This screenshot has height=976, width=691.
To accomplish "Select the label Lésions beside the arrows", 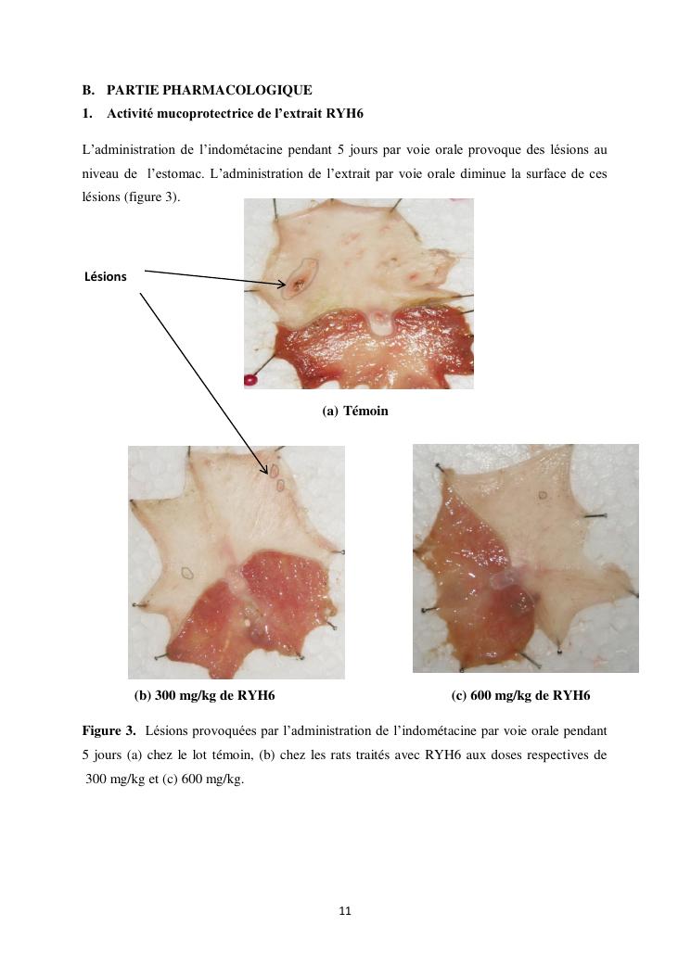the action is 106,276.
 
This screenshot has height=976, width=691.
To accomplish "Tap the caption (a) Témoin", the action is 355,411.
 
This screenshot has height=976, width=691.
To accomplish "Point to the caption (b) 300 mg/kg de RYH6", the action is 204,695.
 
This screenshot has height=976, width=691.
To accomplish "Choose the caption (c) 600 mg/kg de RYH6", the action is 520,695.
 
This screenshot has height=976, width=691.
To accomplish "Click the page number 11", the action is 345,911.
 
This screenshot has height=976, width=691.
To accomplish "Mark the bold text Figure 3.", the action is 109,730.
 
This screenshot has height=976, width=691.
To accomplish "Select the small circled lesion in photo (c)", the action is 542,496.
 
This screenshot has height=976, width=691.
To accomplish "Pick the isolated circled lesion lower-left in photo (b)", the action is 186,573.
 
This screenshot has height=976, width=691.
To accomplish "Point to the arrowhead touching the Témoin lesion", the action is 282,284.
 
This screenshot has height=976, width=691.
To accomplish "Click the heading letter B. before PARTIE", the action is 88,90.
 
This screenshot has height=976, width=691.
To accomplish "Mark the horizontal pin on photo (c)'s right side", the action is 595,515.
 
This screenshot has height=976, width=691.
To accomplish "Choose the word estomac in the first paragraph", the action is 177,173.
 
